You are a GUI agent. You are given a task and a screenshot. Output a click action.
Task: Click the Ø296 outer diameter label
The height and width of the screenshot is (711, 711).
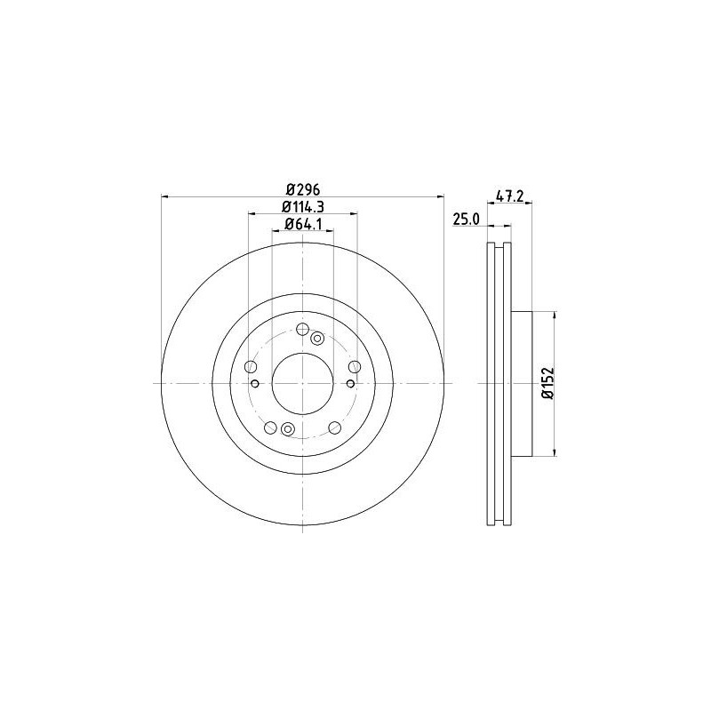302,188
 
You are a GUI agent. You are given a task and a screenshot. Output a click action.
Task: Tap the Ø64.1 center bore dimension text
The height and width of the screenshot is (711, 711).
302,225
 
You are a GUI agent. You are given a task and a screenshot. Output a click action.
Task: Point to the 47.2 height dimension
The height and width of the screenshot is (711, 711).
507,197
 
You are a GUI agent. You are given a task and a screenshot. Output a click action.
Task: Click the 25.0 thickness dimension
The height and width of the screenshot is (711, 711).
467,220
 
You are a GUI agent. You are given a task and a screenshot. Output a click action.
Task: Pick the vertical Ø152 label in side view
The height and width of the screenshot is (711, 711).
547,383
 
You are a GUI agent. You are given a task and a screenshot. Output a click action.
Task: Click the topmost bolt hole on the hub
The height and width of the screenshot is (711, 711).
302,327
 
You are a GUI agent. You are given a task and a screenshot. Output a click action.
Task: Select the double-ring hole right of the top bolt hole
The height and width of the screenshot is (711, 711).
317,336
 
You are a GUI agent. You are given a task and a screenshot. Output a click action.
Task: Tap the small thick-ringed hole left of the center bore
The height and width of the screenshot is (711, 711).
255,383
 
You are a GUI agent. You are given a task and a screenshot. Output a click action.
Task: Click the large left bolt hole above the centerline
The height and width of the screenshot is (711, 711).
250,367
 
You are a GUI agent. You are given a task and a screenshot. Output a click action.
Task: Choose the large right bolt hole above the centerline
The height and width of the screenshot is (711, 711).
355,367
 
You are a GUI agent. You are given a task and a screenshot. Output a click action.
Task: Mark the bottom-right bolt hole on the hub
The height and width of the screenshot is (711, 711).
334,427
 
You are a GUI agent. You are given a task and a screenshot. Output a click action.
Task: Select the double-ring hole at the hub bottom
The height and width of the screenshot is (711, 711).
287,430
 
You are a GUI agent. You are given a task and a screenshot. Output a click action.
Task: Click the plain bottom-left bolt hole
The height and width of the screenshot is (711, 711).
270,427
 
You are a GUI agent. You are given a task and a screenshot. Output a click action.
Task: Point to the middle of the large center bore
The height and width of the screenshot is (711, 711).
302,383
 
